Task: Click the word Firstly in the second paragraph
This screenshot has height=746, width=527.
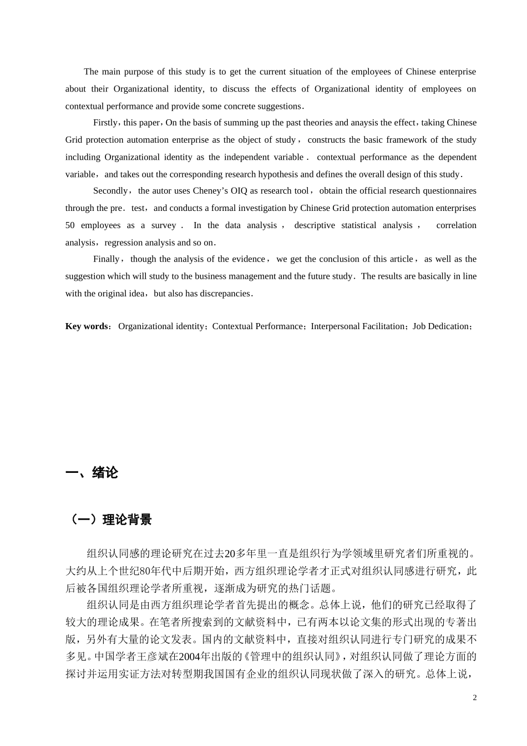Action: (105, 123)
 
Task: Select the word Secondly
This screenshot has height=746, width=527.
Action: (110, 191)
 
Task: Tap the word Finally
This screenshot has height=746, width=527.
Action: (107, 259)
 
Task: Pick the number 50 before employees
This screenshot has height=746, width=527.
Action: (70, 225)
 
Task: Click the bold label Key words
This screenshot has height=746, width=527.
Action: (87, 326)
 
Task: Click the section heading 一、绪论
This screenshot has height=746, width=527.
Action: (92, 473)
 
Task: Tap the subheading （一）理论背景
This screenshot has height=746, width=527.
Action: (109, 520)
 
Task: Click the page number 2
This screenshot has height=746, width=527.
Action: (474, 698)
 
